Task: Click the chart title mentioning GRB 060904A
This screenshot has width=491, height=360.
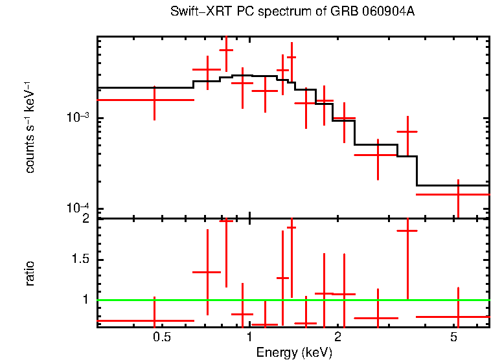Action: pyautogui.click(x=292, y=12)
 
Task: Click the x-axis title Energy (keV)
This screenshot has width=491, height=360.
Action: pyautogui.click(x=294, y=352)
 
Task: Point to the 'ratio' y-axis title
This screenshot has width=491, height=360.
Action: pyautogui.click(x=30, y=273)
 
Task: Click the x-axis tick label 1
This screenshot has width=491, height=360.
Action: pyautogui.click(x=249, y=337)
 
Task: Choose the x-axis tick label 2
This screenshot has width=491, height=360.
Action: pyautogui.click(x=337, y=337)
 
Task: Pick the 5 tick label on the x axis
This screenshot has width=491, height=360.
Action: pyautogui.click(x=454, y=337)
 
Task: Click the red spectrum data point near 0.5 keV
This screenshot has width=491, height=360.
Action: pyautogui.click(x=154, y=100)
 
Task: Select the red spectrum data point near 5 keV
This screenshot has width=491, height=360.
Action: pyautogui.click(x=458, y=194)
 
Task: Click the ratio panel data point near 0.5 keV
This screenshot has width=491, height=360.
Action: pyautogui.click(x=154, y=321)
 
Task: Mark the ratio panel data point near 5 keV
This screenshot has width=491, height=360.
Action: pyautogui.click(x=458, y=317)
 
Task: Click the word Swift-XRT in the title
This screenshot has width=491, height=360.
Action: pyautogui.click(x=192, y=12)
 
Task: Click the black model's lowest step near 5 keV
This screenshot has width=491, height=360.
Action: pyautogui.click(x=453, y=185)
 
